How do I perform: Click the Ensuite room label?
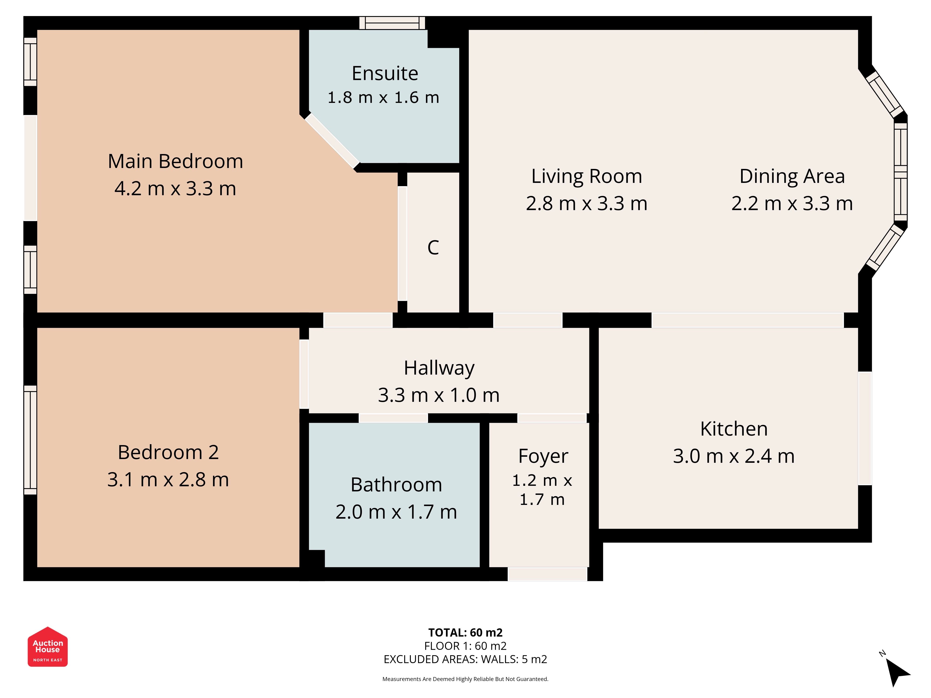[x=385, y=74]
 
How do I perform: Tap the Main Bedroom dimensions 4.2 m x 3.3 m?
[x=175, y=188]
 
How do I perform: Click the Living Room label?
[x=586, y=176]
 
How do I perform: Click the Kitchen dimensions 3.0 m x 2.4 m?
[x=734, y=456]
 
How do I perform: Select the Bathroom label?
[x=396, y=485]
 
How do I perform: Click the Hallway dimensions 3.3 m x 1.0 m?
[x=439, y=395]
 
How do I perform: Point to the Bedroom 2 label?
[x=168, y=452]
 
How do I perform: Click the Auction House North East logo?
[x=47, y=647]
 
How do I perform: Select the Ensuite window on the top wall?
[x=392, y=23]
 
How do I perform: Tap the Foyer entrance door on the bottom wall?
[x=547, y=574]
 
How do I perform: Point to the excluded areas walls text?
[x=465, y=659]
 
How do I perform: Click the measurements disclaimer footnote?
[x=465, y=679]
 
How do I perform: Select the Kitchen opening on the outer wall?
[x=865, y=428]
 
